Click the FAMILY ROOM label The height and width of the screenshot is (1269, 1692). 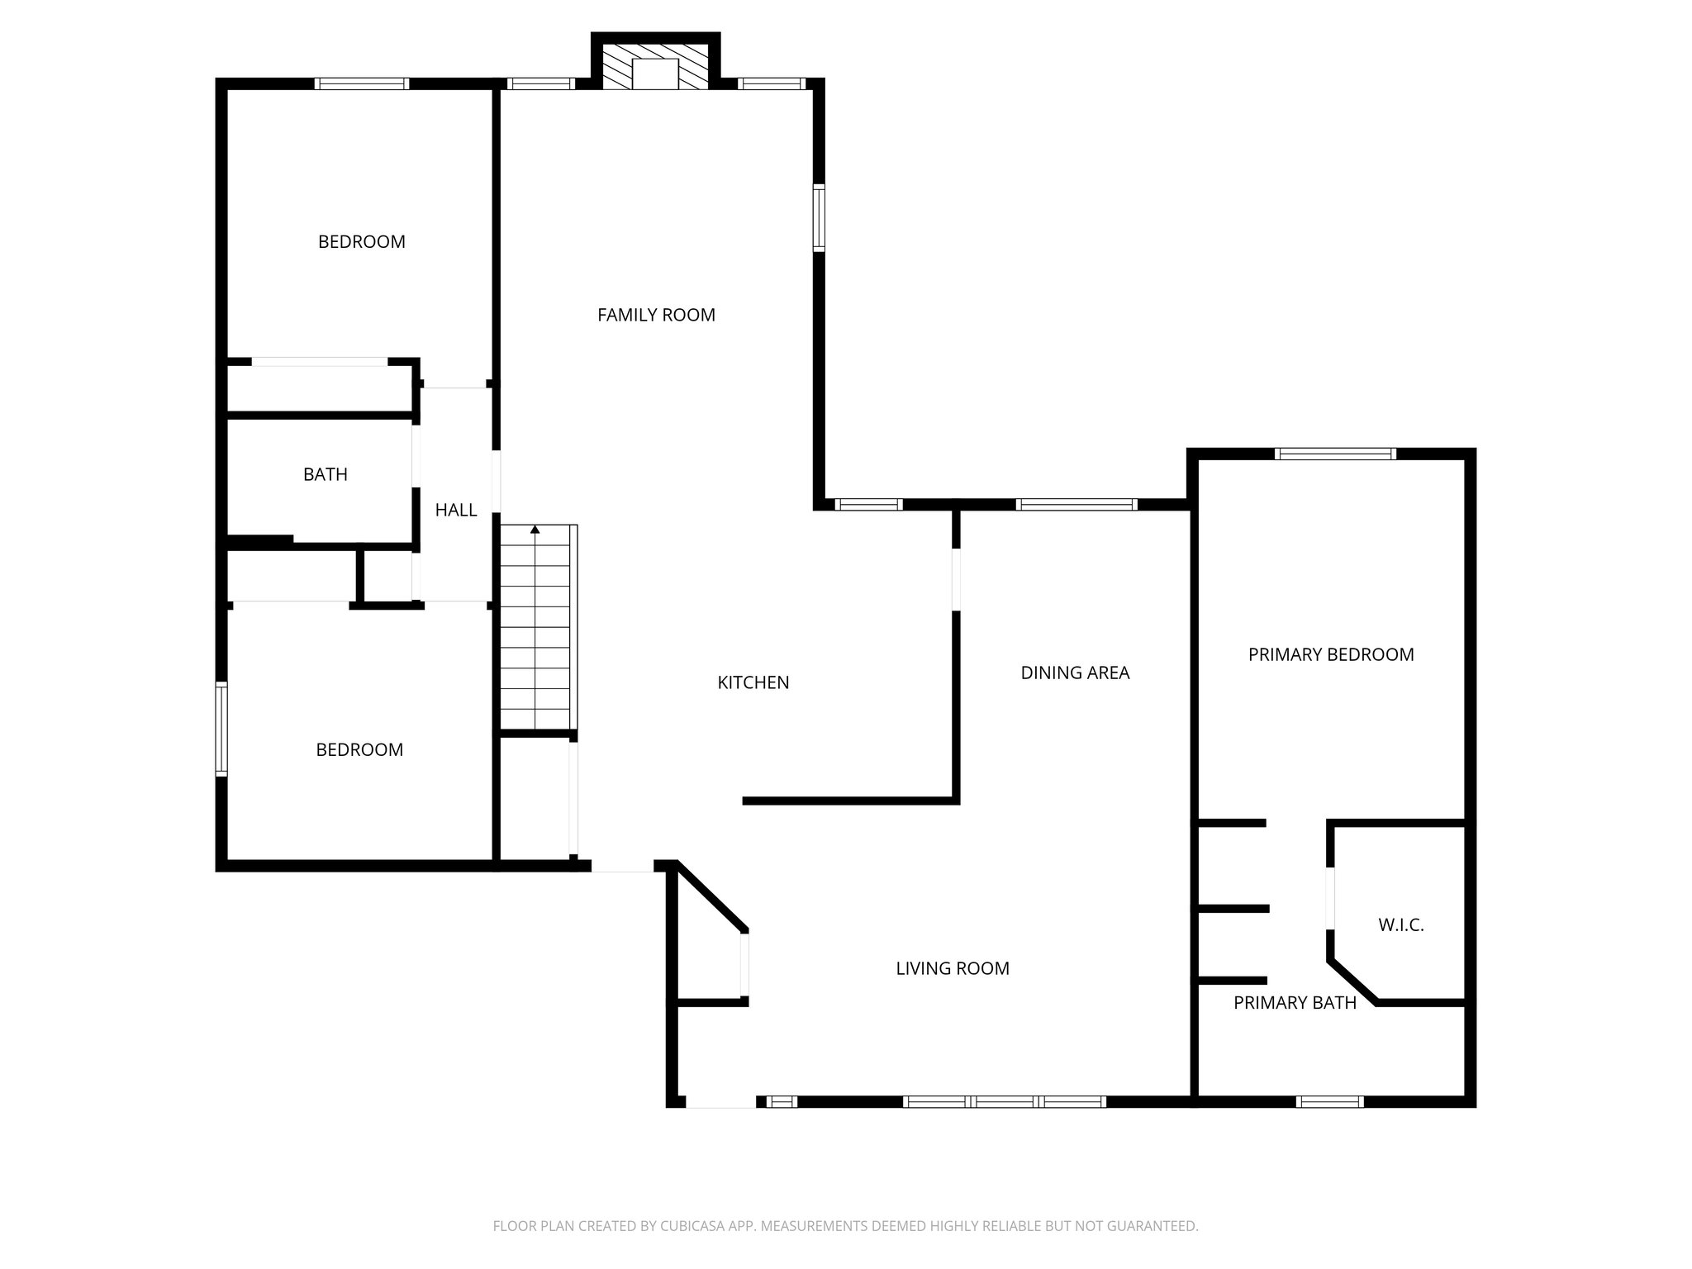[x=656, y=315]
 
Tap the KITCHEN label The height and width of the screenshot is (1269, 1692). [x=753, y=682]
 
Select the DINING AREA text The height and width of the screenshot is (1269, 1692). [x=1075, y=673]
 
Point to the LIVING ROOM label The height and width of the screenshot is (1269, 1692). [x=953, y=968]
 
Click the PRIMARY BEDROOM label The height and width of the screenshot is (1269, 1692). [x=1330, y=654]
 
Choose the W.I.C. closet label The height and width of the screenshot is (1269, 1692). [x=1400, y=925]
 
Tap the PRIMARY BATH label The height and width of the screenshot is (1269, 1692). [x=1295, y=1003]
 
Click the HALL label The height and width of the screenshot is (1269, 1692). [x=456, y=511]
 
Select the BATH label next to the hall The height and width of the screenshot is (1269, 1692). [x=326, y=474]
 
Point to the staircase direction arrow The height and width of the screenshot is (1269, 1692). [x=535, y=529]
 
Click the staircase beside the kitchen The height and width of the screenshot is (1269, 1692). [x=535, y=636]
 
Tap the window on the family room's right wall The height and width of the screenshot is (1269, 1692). [x=819, y=218]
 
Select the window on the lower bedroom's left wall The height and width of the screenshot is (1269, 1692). [x=221, y=728]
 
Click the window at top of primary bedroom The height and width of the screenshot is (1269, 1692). [x=1335, y=454]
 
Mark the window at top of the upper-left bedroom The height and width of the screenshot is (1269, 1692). [x=362, y=83]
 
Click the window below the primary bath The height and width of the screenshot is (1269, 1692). [x=1329, y=1101]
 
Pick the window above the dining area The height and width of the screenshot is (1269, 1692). [x=1076, y=504]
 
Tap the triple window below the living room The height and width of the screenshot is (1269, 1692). [x=1004, y=1101]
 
